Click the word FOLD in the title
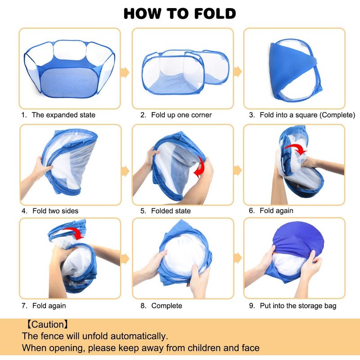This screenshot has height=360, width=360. point(215,13)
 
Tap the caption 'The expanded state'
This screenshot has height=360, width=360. point(63,115)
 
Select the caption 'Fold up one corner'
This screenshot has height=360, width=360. point(181,115)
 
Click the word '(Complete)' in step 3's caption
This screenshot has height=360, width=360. point(337,115)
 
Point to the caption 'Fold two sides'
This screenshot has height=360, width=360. point(55,211)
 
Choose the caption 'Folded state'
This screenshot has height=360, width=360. point(171,211)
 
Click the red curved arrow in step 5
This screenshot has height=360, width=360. point(199,167)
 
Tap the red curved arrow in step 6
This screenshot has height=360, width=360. point(296,149)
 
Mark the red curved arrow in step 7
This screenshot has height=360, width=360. point(74,233)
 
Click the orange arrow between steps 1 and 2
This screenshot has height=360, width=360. point(125,72)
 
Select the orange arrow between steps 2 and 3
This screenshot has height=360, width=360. point(238,71)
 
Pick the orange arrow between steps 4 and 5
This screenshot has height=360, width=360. point(125,171)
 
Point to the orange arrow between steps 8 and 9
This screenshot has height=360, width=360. point(238,258)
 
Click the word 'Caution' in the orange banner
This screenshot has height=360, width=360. point(47,324)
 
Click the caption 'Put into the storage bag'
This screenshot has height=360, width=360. point(298,306)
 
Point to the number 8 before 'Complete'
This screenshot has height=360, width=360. point(143,306)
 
